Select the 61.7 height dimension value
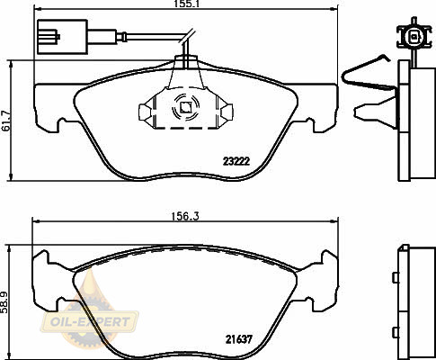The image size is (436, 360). (x=5, y=121)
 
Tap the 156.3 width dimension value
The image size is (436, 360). (x=185, y=216)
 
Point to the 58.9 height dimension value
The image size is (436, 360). (x=4, y=302)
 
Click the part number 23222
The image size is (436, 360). (x=236, y=162)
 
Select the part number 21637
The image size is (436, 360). (x=239, y=339)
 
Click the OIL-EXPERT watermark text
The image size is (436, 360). (x=91, y=322)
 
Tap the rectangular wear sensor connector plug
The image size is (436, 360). (x=62, y=37)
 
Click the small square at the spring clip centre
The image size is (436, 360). (x=185, y=107)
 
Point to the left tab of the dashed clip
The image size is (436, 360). (x=145, y=112)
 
